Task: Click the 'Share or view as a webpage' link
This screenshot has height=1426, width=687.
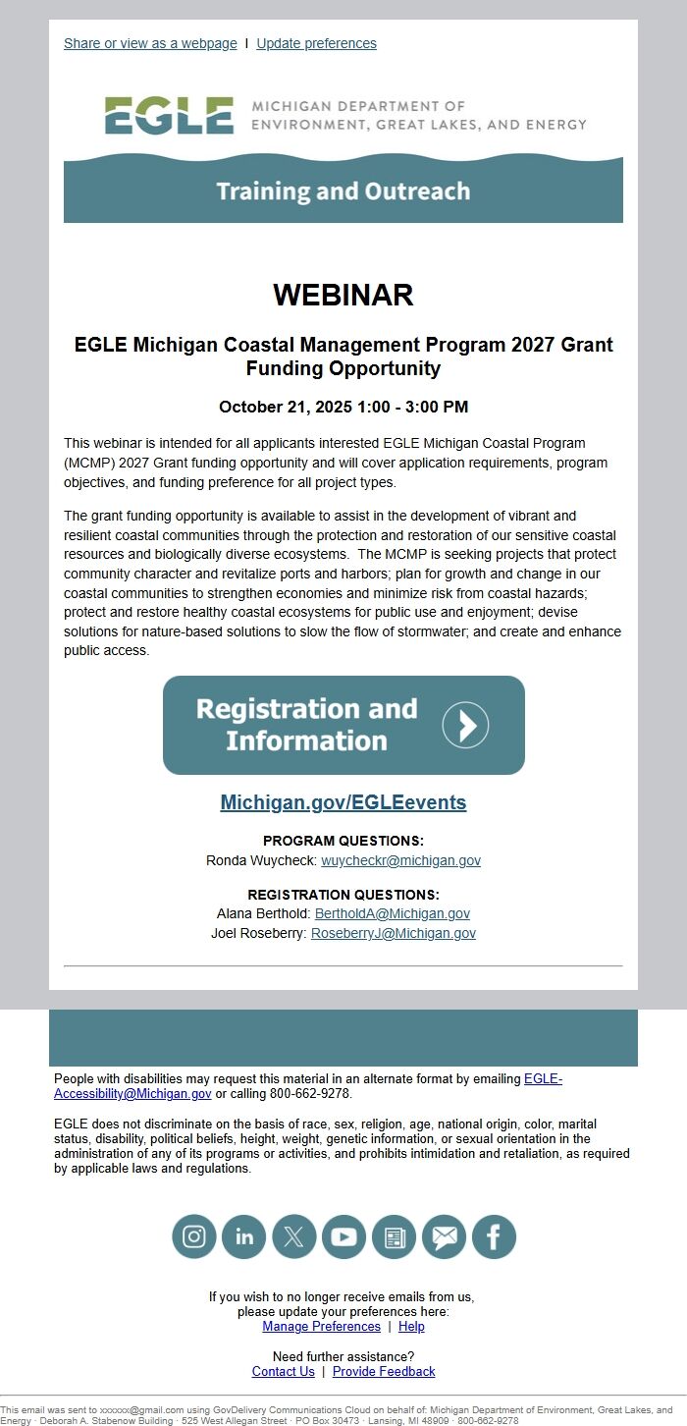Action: (x=150, y=43)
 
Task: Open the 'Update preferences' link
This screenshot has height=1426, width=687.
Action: (x=316, y=43)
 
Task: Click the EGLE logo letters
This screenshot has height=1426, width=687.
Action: (x=169, y=116)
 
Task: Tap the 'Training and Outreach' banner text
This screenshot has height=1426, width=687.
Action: (x=343, y=191)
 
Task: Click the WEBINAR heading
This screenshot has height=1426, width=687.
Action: (x=343, y=295)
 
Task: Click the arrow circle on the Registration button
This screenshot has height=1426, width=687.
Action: (x=465, y=725)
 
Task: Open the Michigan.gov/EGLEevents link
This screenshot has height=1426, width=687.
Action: (x=343, y=802)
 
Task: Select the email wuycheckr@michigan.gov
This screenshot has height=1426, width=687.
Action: (x=400, y=860)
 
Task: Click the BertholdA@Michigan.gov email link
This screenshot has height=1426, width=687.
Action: (x=392, y=913)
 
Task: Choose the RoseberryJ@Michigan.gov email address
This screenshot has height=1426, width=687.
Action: (x=393, y=933)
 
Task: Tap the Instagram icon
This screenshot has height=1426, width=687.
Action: (x=194, y=1236)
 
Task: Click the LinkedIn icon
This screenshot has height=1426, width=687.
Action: (x=244, y=1236)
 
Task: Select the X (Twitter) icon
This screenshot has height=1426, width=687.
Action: (x=293, y=1236)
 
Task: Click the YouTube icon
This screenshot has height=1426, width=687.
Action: (x=343, y=1236)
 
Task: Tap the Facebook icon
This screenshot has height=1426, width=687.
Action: (x=494, y=1236)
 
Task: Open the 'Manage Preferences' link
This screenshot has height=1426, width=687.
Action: (x=321, y=1326)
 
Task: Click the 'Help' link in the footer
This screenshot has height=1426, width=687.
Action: (x=411, y=1326)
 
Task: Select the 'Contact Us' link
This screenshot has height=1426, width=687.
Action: (x=284, y=1371)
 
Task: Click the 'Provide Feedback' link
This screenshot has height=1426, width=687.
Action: (x=384, y=1371)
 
